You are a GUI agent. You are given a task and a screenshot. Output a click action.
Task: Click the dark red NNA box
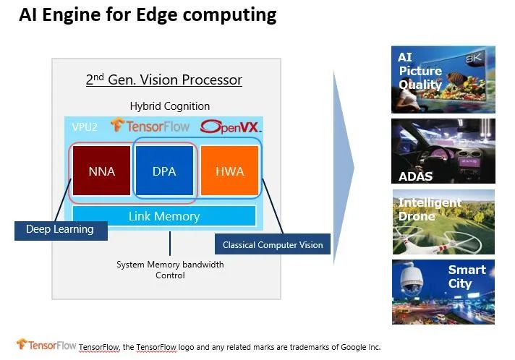[101, 171]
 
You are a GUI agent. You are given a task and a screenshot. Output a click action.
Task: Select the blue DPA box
[165, 171]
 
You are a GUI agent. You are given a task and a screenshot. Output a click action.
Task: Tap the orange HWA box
[229, 171]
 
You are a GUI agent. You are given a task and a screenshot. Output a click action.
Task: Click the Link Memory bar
[164, 216]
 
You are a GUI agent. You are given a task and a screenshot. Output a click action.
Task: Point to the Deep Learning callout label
[60, 230]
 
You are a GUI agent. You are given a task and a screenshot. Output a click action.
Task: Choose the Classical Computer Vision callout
[272, 245]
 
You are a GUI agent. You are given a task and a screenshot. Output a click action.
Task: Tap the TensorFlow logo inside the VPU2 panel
[150, 127]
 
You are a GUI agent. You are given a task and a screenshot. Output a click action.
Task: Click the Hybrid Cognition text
[170, 106]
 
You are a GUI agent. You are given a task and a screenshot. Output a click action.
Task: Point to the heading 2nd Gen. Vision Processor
[164, 80]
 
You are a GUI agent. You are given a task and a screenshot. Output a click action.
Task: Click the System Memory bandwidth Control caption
[170, 270]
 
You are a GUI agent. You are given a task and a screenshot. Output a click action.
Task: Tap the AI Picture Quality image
[443, 80]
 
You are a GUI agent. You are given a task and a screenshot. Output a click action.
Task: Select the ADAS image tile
[443, 151]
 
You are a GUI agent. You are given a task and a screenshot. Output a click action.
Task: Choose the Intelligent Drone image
[443, 221]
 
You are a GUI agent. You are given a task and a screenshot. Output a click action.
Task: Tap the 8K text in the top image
[474, 58]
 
